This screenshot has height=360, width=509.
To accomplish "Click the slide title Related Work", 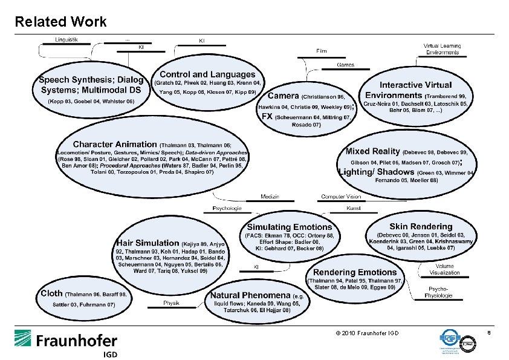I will pyautogui.click(x=60, y=22).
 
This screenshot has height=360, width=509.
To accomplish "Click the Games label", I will pyautogui.click(x=345, y=65).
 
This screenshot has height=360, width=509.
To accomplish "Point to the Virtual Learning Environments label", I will pyautogui.click(x=442, y=49).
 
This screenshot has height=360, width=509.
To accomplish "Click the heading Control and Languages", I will pyautogui.click(x=207, y=74).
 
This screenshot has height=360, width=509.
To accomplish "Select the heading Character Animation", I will pyautogui.click(x=114, y=145).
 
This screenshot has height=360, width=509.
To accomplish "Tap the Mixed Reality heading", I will pyautogui.click(x=372, y=151).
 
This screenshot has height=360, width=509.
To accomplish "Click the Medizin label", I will pyautogui.click(x=270, y=196).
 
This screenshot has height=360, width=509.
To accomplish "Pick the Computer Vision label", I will pyautogui.click(x=340, y=196).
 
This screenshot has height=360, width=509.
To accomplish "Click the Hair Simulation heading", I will pyautogui.click(x=148, y=243).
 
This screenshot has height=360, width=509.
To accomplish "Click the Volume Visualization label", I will pyautogui.click(x=445, y=269).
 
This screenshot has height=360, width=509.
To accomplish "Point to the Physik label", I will pyautogui.click(x=171, y=303).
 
